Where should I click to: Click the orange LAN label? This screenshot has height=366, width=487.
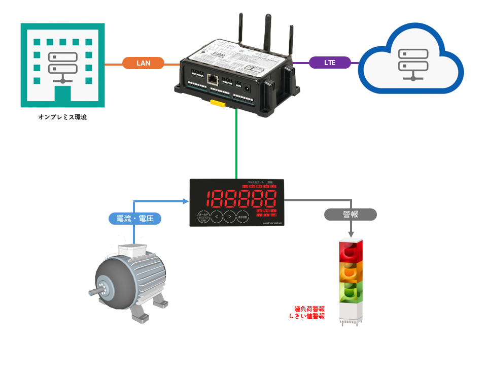pos(144,63)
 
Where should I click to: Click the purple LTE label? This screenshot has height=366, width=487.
pos(330,63)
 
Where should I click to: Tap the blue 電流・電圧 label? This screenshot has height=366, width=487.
pos(134,219)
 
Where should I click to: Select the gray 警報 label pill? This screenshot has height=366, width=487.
pos(351,214)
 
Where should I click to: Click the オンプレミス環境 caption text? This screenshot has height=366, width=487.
pos(62,117)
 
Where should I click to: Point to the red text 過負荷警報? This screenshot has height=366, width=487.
pos(309,309)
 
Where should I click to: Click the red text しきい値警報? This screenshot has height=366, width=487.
pos(306,316)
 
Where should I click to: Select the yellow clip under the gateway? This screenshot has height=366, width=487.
pos(219,104)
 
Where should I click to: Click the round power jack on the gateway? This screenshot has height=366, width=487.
pos(248,87)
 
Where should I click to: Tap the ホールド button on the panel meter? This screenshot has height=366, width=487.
pos(203,217)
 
